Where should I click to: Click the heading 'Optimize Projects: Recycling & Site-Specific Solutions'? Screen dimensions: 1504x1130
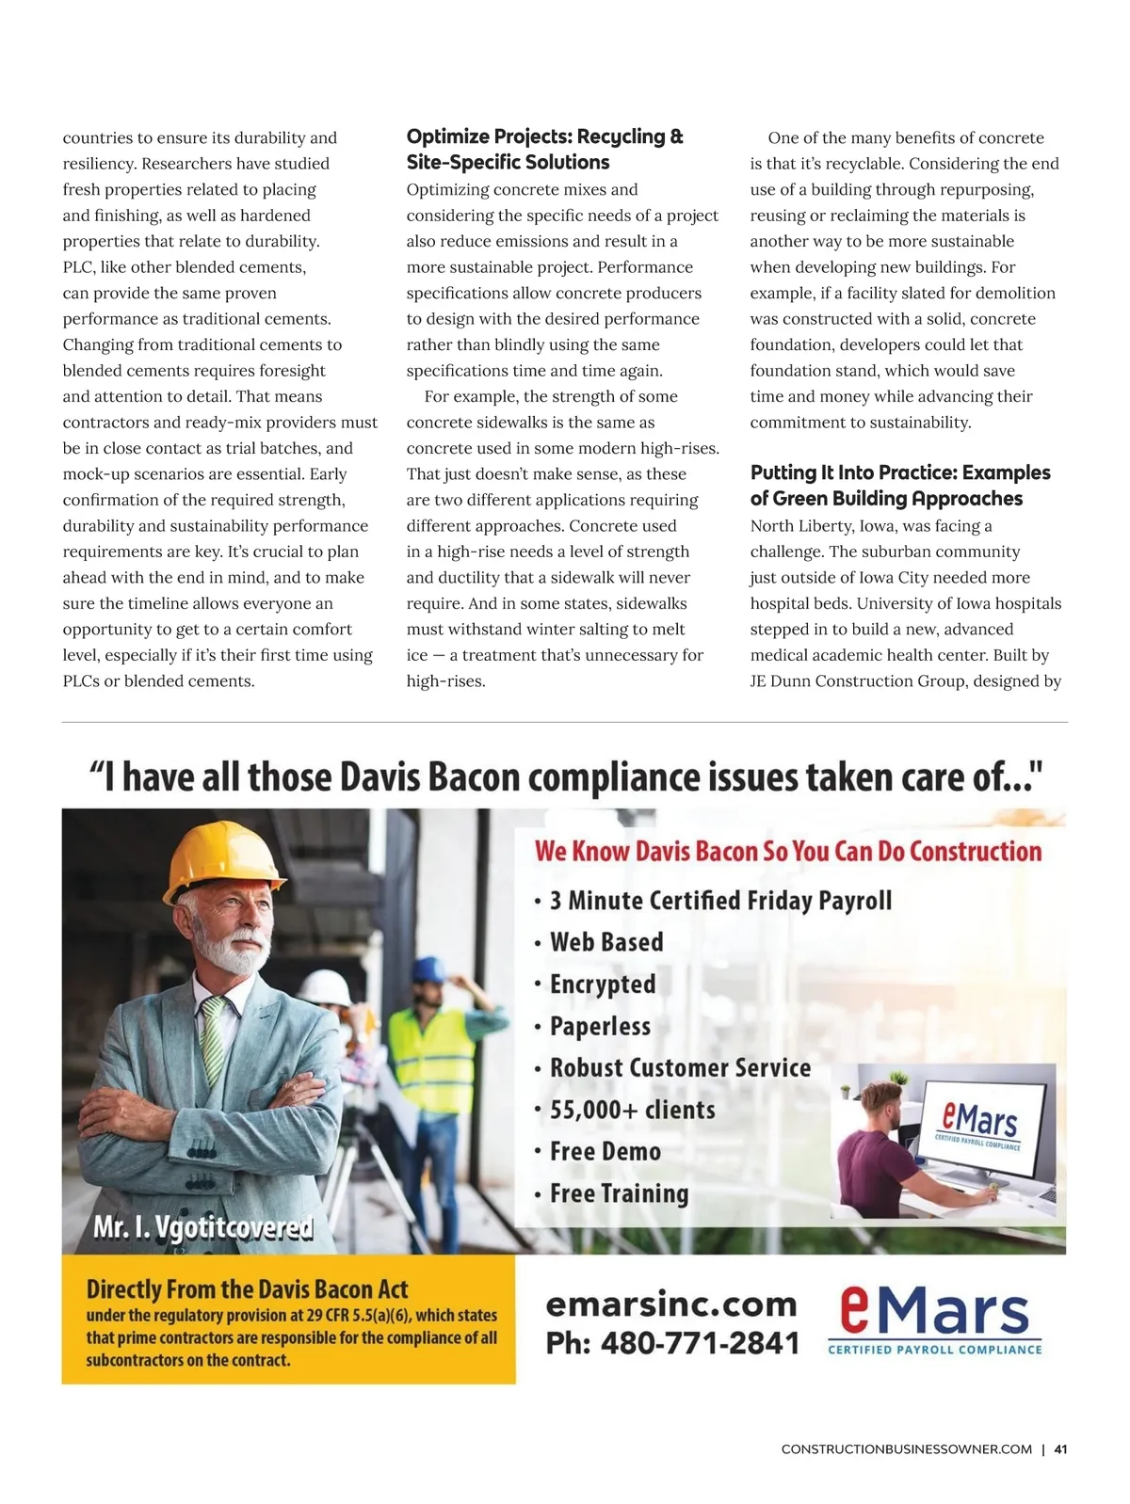point(544,149)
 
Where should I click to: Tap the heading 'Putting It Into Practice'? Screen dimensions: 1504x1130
point(899,485)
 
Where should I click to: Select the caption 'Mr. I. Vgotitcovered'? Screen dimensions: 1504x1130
point(202,1227)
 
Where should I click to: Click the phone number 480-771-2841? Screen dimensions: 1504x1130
point(672,1343)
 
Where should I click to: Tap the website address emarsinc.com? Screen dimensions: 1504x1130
point(671,1304)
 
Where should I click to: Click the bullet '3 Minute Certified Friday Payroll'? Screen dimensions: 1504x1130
point(720,901)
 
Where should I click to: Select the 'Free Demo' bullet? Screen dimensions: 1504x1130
point(605,1151)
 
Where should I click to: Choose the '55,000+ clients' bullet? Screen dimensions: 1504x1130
point(632,1110)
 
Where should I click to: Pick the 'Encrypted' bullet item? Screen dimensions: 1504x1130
point(603,984)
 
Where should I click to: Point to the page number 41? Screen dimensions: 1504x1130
point(1060,1449)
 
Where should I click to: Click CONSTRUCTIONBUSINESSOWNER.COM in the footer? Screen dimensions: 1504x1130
point(906,1449)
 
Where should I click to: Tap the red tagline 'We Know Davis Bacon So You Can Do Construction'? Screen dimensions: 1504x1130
point(788,852)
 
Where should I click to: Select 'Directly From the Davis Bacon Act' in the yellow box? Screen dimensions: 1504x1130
point(247,1288)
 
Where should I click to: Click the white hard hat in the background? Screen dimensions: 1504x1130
point(326,987)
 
